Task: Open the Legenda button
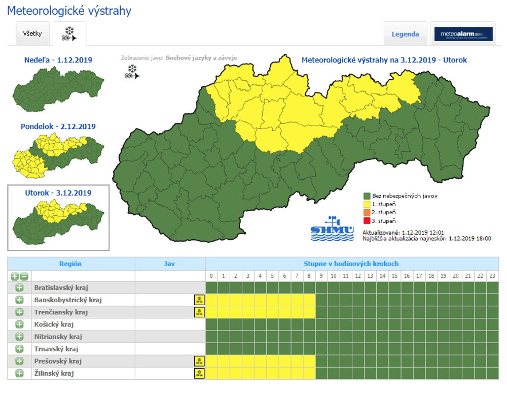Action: [405, 35]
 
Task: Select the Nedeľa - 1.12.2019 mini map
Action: [57, 89]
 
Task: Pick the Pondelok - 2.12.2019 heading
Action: [58, 126]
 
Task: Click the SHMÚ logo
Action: [333, 230]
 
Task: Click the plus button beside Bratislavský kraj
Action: [19, 288]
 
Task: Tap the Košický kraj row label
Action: [55, 324]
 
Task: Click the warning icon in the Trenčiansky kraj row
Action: [199, 312]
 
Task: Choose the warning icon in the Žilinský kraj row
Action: [199, 374]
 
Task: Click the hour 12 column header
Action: [358, 276]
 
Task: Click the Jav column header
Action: [170, 264]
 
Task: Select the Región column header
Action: [70, 264]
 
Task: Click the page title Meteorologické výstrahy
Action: [69, 11]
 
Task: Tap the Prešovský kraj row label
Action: [58, 362]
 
